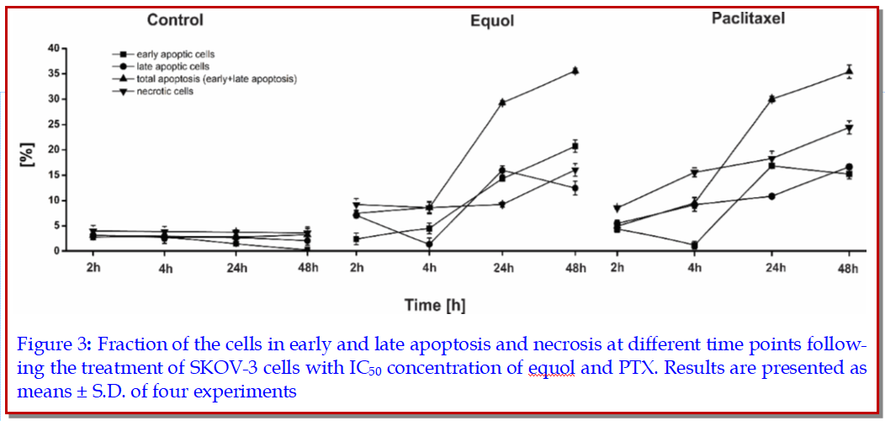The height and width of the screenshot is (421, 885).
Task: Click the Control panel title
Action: click(x=174, y=19)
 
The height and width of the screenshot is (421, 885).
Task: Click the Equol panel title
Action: click(x=491, y=21)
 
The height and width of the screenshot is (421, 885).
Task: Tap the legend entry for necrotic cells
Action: click(x=164, y=91)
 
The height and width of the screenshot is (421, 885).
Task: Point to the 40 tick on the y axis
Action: click(x=52, y=49)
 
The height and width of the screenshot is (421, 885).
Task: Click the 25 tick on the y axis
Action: click(x=52, y=125)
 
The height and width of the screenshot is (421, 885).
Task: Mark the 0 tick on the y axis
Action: click(x=56, y=251)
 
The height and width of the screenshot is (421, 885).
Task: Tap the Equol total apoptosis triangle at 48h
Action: click(x=575, y=71)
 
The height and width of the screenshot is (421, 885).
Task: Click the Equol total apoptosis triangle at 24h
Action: click(x=502, y=102)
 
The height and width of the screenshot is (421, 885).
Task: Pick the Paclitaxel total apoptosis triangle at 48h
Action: click(x=850, y=72)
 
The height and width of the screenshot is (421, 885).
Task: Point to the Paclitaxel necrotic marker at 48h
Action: click(x=850, y=128)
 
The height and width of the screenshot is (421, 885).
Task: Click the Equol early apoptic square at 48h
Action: click(x=575, y=147)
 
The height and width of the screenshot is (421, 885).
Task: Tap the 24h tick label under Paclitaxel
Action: click(x=771, y=269)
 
